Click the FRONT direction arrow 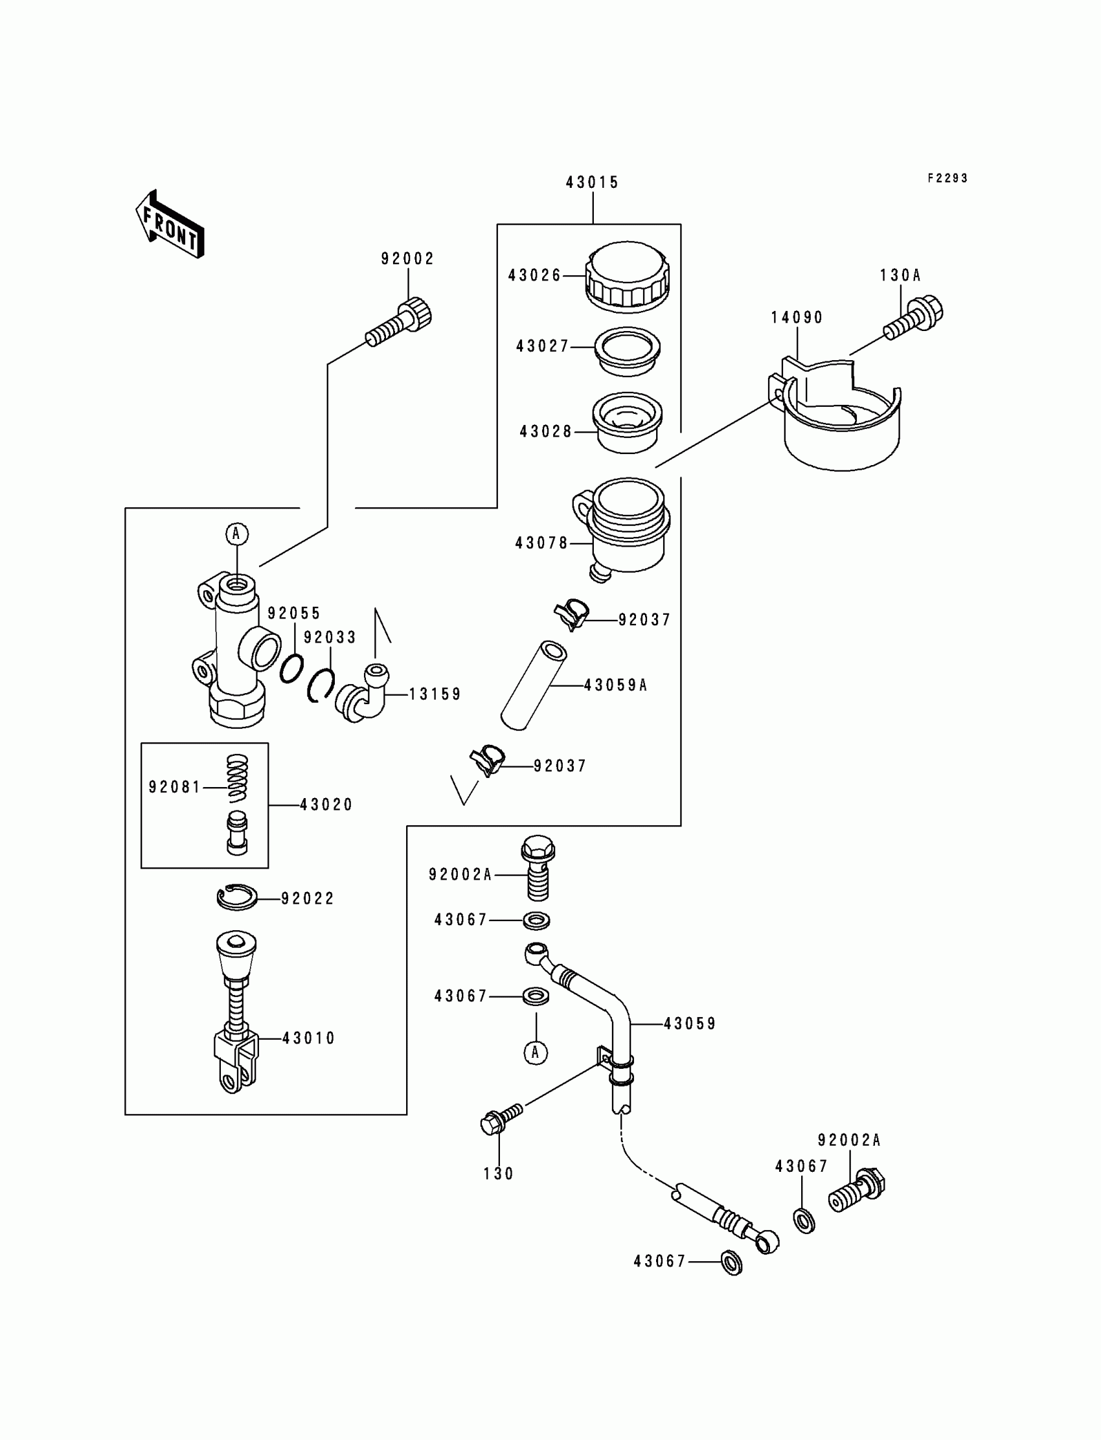[170, 224]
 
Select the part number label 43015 [593, 183]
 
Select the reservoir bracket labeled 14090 [842, 420]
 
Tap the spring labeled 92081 [238, 778]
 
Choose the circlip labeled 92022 [236, 897]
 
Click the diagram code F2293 [947, 178]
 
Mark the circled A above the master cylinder [236, 534]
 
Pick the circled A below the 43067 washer [536, 1052]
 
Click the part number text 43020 [326, 805]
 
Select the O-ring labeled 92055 [291, 669]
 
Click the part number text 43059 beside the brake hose [690, 1023]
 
